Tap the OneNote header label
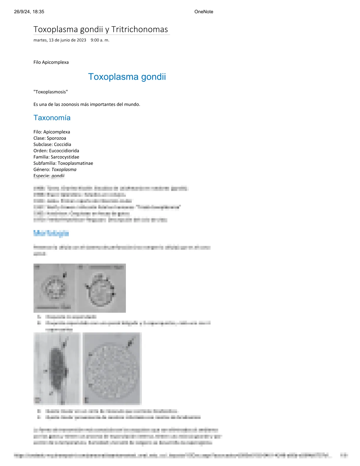[204, 12]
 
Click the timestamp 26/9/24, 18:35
[29, 12]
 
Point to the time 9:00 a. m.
[100, 40]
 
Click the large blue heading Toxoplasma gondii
[127, 77]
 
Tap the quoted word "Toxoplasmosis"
[51, 92]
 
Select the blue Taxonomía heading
[52, 118]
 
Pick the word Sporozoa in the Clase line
[56, 138]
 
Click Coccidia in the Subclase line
[62, 144]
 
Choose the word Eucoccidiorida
[64, 151]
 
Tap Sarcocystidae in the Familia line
[65, 157]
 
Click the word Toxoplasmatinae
[75, 163]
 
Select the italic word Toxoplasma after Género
[64, 169]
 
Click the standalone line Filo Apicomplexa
[51, 62]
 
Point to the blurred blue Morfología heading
[51, 234]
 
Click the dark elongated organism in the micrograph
[57, 368]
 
